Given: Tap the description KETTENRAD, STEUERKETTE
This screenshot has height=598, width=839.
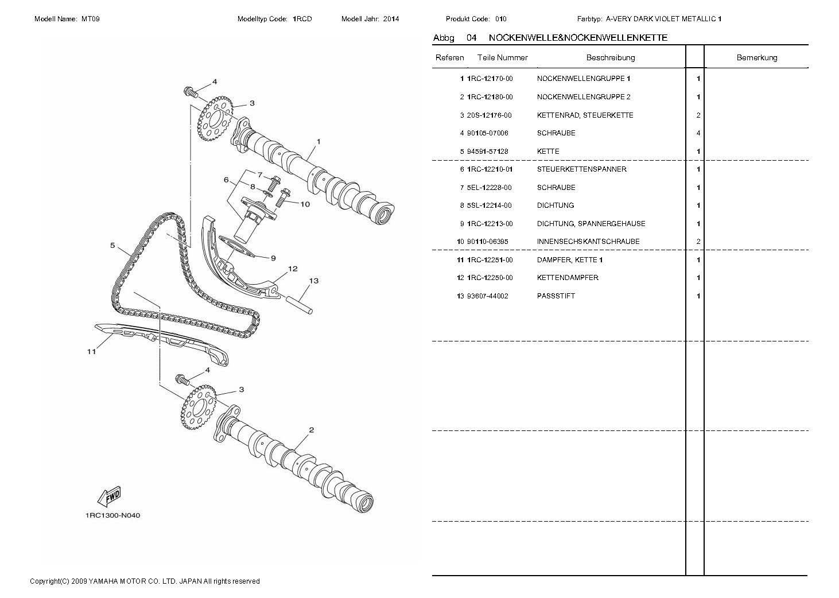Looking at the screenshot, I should pyautogui.click(x=585, y=115).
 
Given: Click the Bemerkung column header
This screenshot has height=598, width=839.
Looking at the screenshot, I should pyautogui.click(x=756, y=57).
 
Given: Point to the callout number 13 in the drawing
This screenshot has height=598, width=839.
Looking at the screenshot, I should pyautogui.click(x=313, y=281).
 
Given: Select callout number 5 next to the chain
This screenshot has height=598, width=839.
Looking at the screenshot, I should pyautogui.click(x=113, y=246).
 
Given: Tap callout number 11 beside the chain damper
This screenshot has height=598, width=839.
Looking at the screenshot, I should pyautogui.click(x=91, y=352).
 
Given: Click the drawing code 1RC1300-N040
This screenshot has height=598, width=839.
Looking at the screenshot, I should pyautogui.click(x=112, y=515).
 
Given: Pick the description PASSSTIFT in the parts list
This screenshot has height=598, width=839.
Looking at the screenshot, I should pyautogui.click(x=556, y=296).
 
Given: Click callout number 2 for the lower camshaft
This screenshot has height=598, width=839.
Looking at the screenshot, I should pyautogui.click(x=311, y=430).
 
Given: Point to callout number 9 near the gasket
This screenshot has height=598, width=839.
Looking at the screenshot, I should pyautogui.click(x=273, y=258).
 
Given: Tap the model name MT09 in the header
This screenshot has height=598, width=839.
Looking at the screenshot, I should pyautogui.click(x=91, y=19).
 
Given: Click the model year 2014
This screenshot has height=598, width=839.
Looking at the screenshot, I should pyautogui.click(x=391, y=19).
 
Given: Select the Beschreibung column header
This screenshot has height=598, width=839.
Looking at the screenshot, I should pyautogui.click(x=610, y=57).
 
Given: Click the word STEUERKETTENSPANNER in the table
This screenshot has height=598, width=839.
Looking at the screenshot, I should pyautogui.click(x=581, y=169).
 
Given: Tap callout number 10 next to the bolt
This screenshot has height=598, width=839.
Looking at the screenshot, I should pyautogui.click(x=305, y=204).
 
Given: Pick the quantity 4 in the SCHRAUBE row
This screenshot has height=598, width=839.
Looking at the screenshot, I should pyautogui.click(x=698, y=133).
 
